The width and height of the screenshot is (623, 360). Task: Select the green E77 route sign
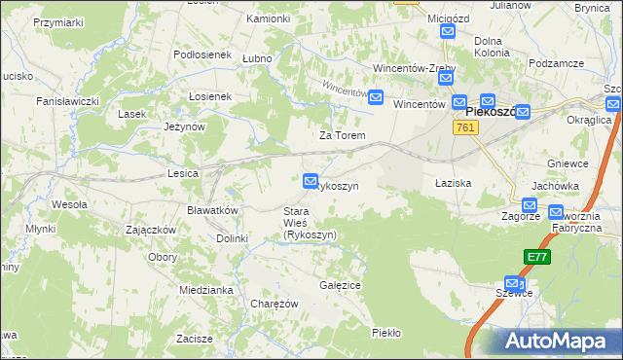(x=535, y=256)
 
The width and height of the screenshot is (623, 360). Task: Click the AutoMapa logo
(x=558, y=341)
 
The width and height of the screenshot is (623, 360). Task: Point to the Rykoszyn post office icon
(x=311, y=180)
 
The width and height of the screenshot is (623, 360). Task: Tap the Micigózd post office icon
(x=447, y=32)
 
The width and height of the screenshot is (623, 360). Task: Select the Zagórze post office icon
(x=530, y=205)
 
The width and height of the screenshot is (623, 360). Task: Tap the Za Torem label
(x=343, y=135)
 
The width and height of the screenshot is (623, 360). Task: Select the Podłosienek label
(x=202, y=55)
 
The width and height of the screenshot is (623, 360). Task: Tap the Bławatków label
(x=212, y=210)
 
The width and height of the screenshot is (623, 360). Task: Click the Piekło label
(x=386, y=333)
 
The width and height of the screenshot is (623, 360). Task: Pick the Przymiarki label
(x=58, y=20)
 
